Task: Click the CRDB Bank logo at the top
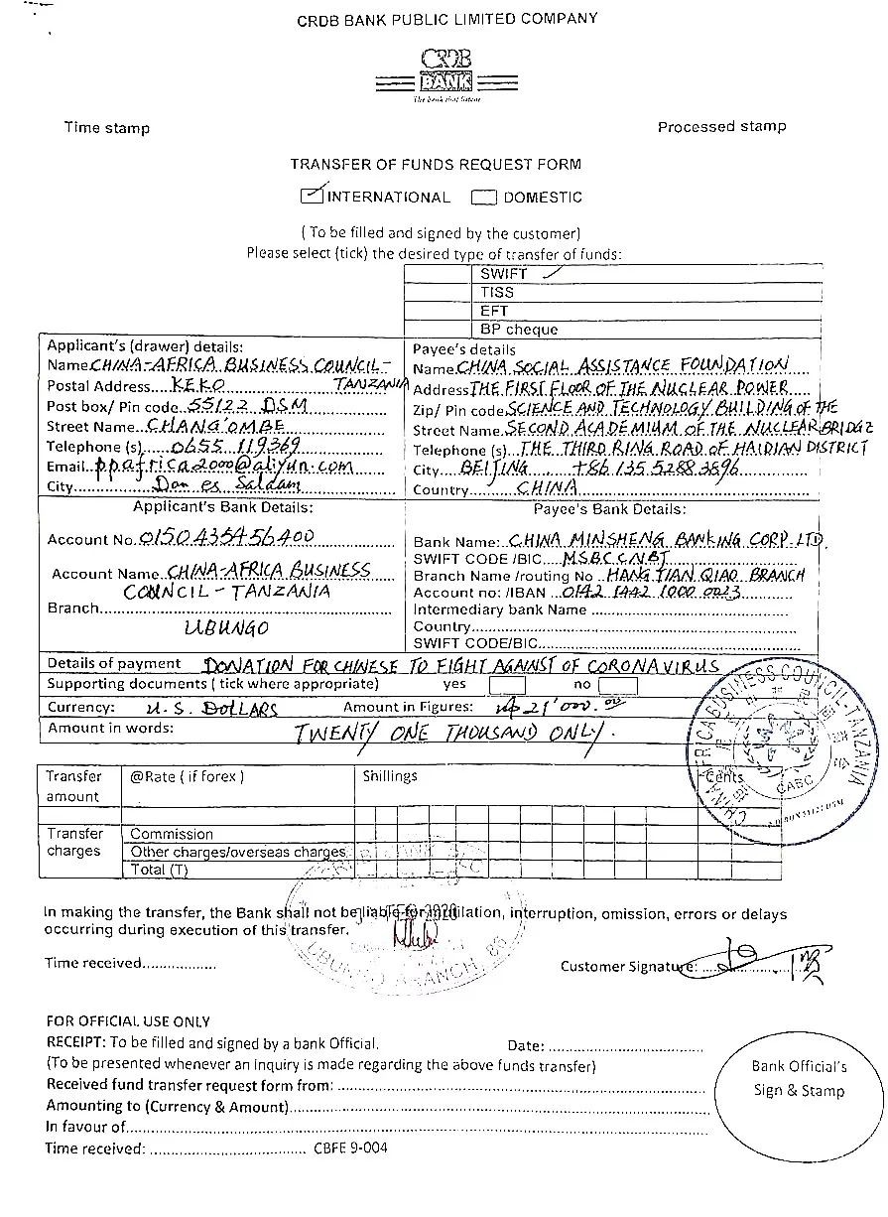(x=445, y=74)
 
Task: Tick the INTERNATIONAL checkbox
(x=313, y=196)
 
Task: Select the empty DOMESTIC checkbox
(x=484, y=197)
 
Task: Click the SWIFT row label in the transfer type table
(x=504, y=273)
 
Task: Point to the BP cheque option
(x=519, y=329)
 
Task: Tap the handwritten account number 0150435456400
(x=228, y=537)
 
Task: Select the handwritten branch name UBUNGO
(x=226, y=627)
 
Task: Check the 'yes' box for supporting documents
(x=507, y=684)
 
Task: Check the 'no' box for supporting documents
(x=618, y=684)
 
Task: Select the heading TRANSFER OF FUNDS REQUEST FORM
(x=436, y=164)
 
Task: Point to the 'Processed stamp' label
(x=721, y=126)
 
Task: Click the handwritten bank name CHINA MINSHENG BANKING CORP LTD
(x=666, y=540)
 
